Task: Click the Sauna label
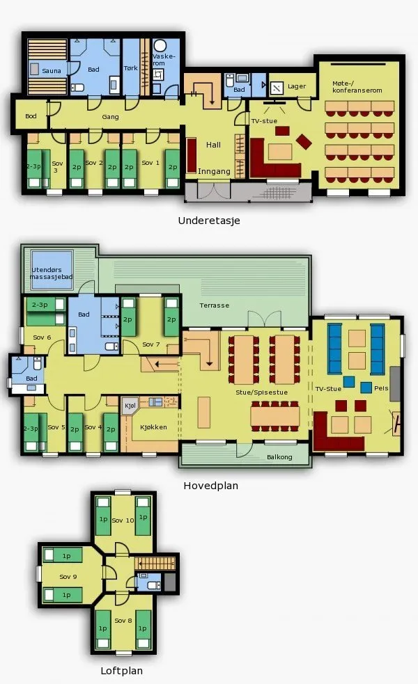52,71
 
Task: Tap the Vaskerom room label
164,60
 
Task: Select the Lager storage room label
297,86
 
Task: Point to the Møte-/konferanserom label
357,87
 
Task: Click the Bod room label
31,116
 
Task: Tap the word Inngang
214,171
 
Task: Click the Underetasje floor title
209,221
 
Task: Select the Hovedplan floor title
211,486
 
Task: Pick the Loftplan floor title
121,671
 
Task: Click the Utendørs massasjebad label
51,273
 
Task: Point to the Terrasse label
215,305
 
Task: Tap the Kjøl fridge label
130,406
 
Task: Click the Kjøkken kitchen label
153,427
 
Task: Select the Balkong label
279,457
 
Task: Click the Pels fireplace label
381,388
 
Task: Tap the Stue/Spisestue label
262,392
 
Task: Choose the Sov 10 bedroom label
123,520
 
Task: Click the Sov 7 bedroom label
151,344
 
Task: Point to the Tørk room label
130,68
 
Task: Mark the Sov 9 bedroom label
68,577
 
